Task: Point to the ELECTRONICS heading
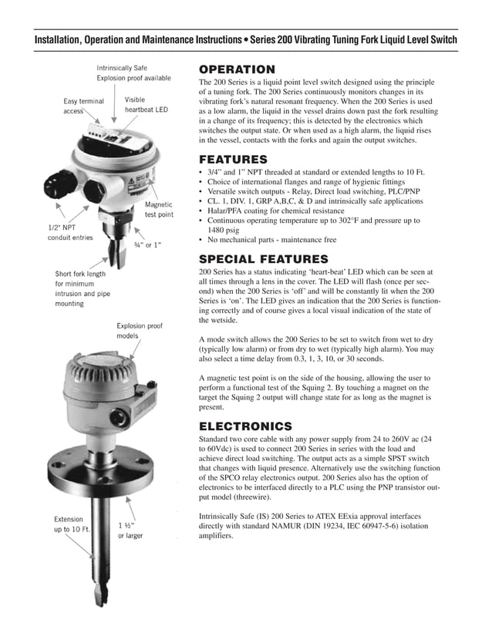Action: point(245,426)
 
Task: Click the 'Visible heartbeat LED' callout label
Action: point(146,105)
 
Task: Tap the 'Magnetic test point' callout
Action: point(159,210)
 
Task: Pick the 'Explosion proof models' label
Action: point(139,332)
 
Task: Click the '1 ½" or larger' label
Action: point(130,531)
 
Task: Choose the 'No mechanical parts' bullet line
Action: point(271,240)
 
